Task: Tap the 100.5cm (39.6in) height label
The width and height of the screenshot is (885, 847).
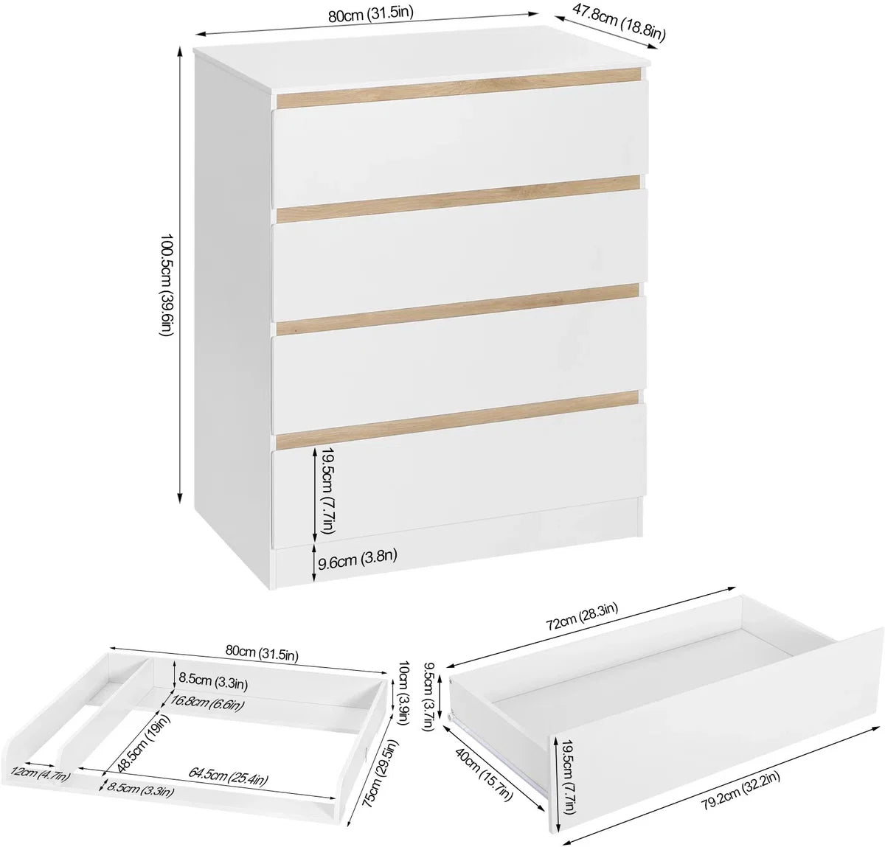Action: point(166,285)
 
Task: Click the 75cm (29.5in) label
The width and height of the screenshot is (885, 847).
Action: point(381,766)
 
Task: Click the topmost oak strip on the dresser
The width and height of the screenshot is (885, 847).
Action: point(459,88)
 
